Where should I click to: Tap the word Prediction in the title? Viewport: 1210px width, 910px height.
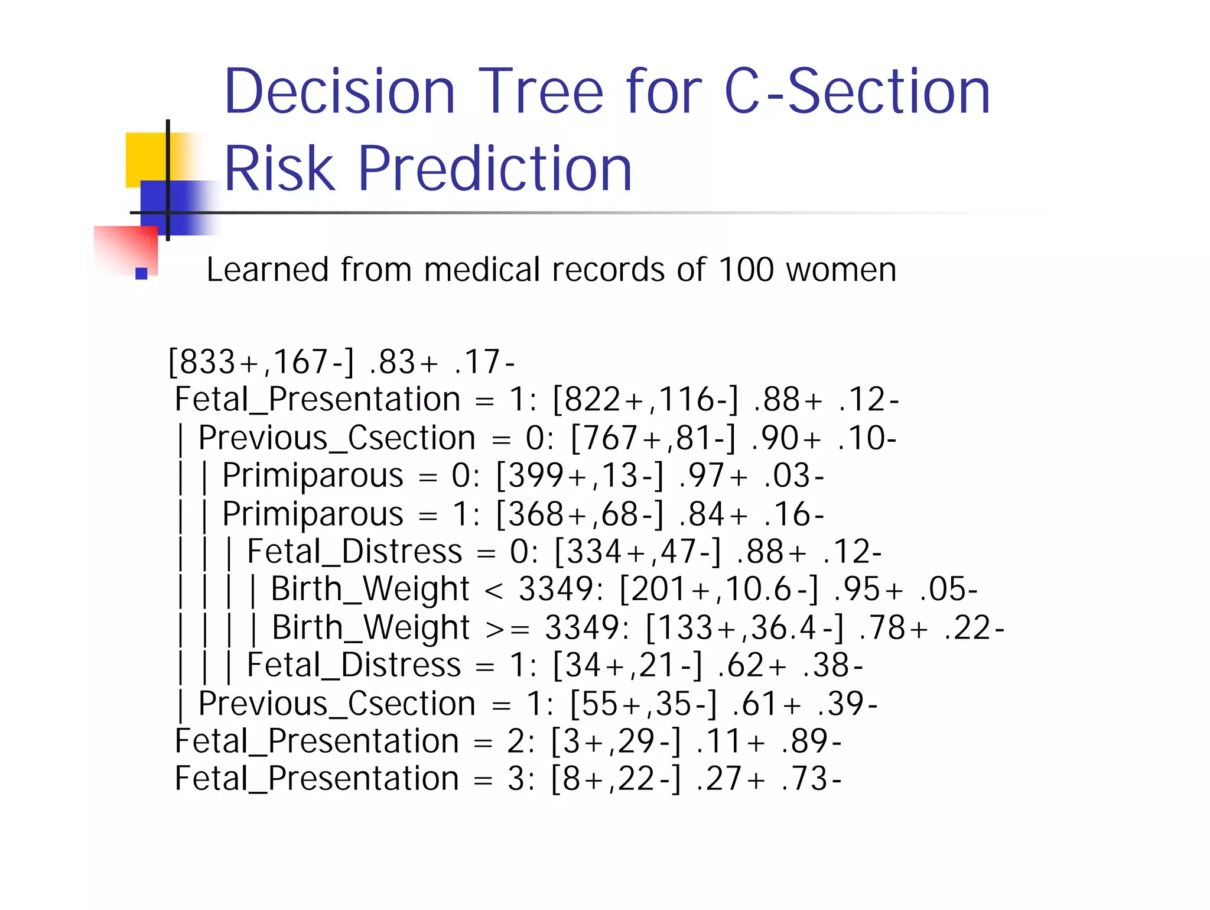[x=495, y=170]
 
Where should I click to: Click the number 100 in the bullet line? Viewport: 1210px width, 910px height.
[x=746, y=270]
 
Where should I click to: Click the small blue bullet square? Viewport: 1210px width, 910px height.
[x=141, y=273]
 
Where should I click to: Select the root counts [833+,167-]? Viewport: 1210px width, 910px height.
[x=261, y=362]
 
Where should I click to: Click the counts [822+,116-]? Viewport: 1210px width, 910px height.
[x=645, y=400]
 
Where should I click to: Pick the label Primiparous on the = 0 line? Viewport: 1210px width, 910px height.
[x=313, y=476]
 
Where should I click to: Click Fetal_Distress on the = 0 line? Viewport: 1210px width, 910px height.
[x=354, y=552]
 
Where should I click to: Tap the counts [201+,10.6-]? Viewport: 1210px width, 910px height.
[x=719, y=590]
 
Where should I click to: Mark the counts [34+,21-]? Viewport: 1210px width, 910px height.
[x=627, y=666]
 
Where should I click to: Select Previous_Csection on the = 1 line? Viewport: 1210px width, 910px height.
[x=337, y=704]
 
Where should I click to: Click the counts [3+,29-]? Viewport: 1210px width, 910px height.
[x=616, y=741]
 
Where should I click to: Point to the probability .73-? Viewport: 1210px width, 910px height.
[x=811, y=779]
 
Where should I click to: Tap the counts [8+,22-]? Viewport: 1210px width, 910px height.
[x=616, y=779]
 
